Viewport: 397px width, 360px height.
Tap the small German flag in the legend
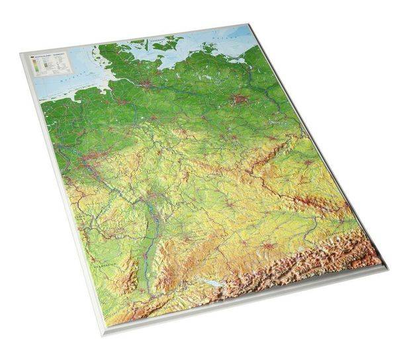click(x=34, y=59)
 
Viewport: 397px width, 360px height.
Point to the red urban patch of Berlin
click(x=240, y=100)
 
